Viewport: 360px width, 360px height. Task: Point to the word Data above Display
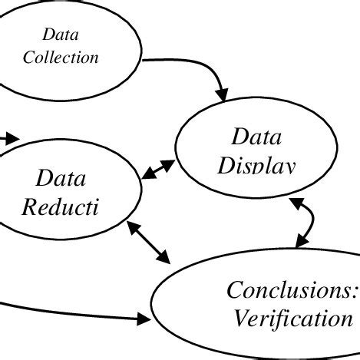(x=257, y=139)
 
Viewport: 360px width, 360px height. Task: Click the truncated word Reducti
(x=61, y=208)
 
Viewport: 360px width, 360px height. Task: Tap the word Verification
(x=294, y=317)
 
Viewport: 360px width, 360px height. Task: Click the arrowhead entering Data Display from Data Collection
(x=223, y=96)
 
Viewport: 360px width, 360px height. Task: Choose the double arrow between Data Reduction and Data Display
(x=160, y=169)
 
